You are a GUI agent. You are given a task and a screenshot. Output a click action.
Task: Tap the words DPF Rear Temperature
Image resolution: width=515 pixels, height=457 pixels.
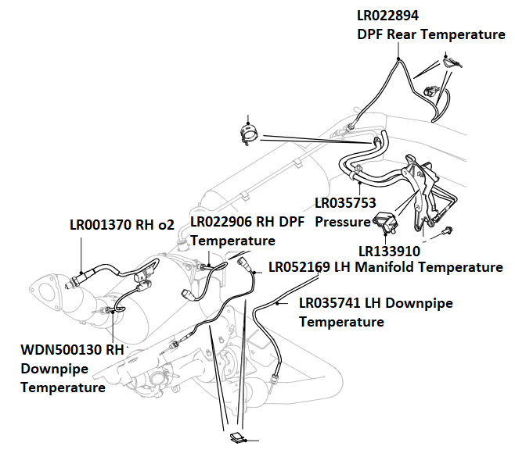pos(430,34)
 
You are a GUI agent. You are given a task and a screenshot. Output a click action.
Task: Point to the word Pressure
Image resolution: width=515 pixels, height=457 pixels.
pos(343,221)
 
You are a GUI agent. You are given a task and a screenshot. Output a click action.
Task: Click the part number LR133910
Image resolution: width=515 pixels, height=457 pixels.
pos(390,252)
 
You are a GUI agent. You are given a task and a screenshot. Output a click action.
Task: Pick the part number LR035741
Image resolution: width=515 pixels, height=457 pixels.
pos(333,303)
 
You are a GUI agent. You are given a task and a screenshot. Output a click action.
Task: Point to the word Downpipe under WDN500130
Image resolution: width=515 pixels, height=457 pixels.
pos(54,369)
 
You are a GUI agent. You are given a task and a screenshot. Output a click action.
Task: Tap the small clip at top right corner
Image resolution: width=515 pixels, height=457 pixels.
pos(449,61)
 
